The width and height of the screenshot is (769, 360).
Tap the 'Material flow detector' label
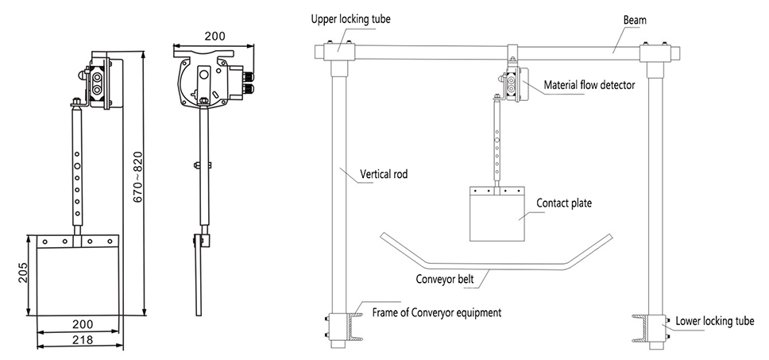[589, 84]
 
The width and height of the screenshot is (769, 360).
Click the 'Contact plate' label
[564, 203]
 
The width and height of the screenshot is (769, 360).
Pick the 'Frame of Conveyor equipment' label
[436, 312]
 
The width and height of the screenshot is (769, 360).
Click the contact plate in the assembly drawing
[497, 215]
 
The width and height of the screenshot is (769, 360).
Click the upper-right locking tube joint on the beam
[655, 52]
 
